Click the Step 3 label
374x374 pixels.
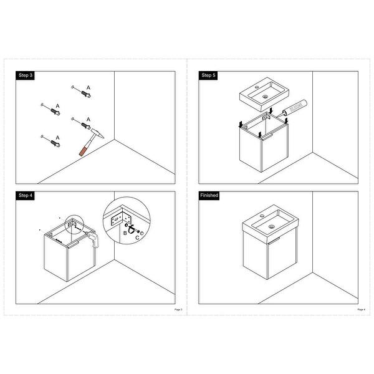(x=26, y=75)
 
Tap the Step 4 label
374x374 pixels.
(x=26, y=195)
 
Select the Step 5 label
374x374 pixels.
(x=208, y=75)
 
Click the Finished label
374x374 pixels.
(x=209, y=195)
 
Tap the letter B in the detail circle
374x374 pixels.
(x=125, y=232)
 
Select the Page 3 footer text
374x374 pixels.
(x=178, y=309)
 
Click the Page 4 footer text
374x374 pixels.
(x=360, y=309)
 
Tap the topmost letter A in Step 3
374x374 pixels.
(x=89, y=87)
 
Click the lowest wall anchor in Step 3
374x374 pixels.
(x=51, y=143)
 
